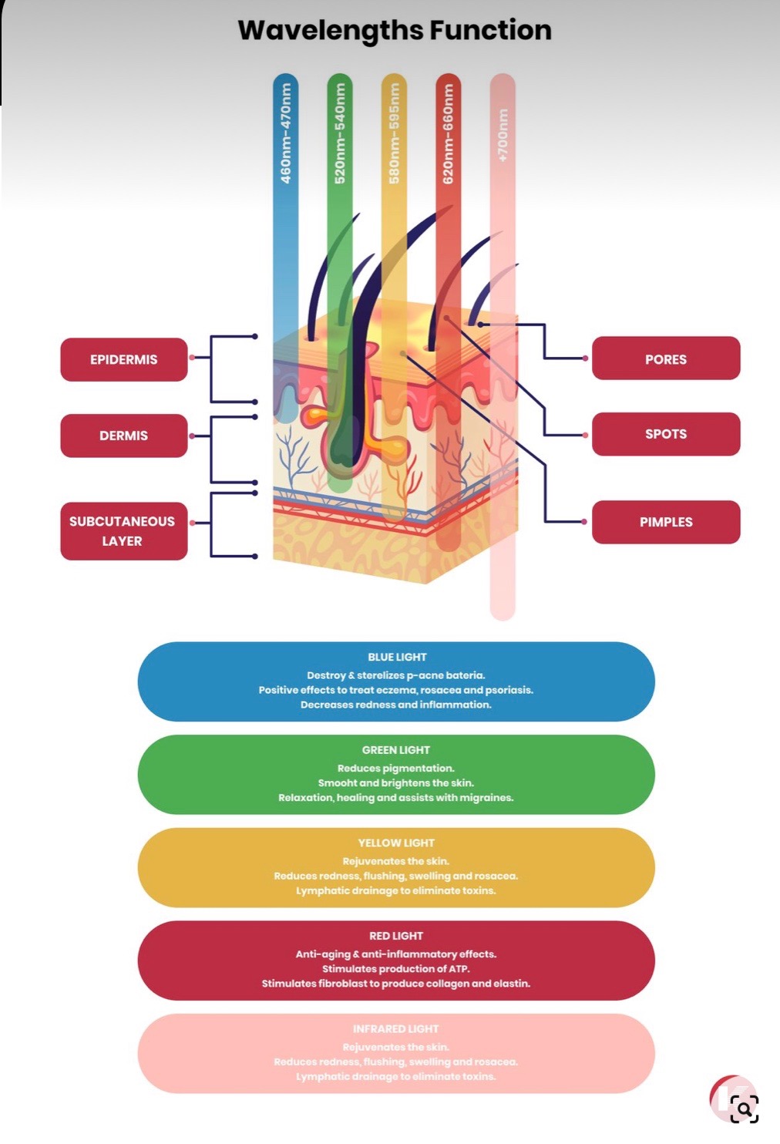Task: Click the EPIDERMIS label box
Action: [x=123, y=359]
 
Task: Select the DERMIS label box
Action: [x=123, y=436]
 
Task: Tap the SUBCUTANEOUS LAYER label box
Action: [x=123, y=531]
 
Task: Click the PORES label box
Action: [x=666, y=359]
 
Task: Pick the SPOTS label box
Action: [x=666, y=434]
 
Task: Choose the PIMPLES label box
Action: [x=666, y=522]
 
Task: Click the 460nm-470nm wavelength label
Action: [x=286, y=133]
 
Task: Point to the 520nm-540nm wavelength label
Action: [x=340, y=133]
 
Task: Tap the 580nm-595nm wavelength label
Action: [x=394, y=133]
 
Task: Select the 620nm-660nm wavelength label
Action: [x=448, y=133]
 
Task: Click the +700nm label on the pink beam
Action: [x=503, y=135]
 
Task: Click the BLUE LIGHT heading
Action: [x=397, y=657]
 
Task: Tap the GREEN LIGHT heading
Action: [x=396, y=750]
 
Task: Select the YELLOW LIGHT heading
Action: [x=396, y=843]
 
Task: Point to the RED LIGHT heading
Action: [x=396, y=936]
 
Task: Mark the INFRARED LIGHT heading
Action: [x=396, y=1029]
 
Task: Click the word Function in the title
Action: [x=490, y=30]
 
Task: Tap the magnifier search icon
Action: [x=744, y=1109]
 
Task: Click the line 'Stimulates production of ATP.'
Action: [x=396, y=969]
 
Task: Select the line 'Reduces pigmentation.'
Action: [x=396, y=768]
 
